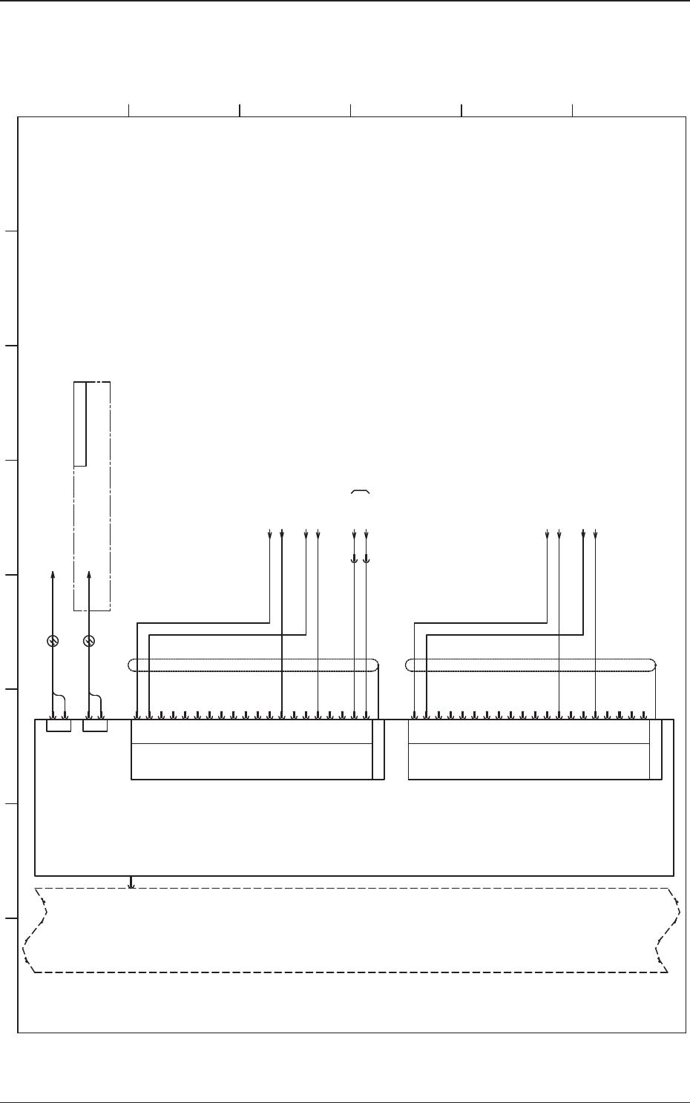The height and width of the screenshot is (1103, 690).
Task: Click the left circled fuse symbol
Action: click(x=53, y=641)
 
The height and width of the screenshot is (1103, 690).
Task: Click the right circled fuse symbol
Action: click(x=89, y=641)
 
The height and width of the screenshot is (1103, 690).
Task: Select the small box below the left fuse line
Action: click(x=59, y=725)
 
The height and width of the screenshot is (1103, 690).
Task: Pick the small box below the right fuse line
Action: click(x=95, y=725)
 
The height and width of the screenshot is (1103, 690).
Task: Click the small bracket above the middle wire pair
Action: click(x=360, y=491)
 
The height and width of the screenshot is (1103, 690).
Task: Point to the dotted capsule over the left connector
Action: click(x=253, y=665)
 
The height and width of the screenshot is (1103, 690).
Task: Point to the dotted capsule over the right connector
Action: click(x=531, y=665)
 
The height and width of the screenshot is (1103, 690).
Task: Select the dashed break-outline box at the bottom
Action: click(x=349, y=930)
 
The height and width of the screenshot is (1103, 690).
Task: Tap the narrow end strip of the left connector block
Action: click(x=378, y=749)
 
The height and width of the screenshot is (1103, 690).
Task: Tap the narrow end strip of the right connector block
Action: click(x=656, y=749)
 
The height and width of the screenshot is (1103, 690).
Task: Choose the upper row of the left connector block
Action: click(x=252, y=731)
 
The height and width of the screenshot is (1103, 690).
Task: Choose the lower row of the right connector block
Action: click(x=529, y=762)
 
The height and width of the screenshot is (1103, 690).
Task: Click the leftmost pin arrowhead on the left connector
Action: click(x=137, y=716)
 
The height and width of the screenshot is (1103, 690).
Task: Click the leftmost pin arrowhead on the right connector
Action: click(x=415, y=716)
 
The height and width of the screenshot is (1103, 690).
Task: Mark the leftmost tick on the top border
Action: click(x=129, y=111)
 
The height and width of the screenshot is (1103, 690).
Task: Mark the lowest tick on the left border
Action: click(x=10, y=918)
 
